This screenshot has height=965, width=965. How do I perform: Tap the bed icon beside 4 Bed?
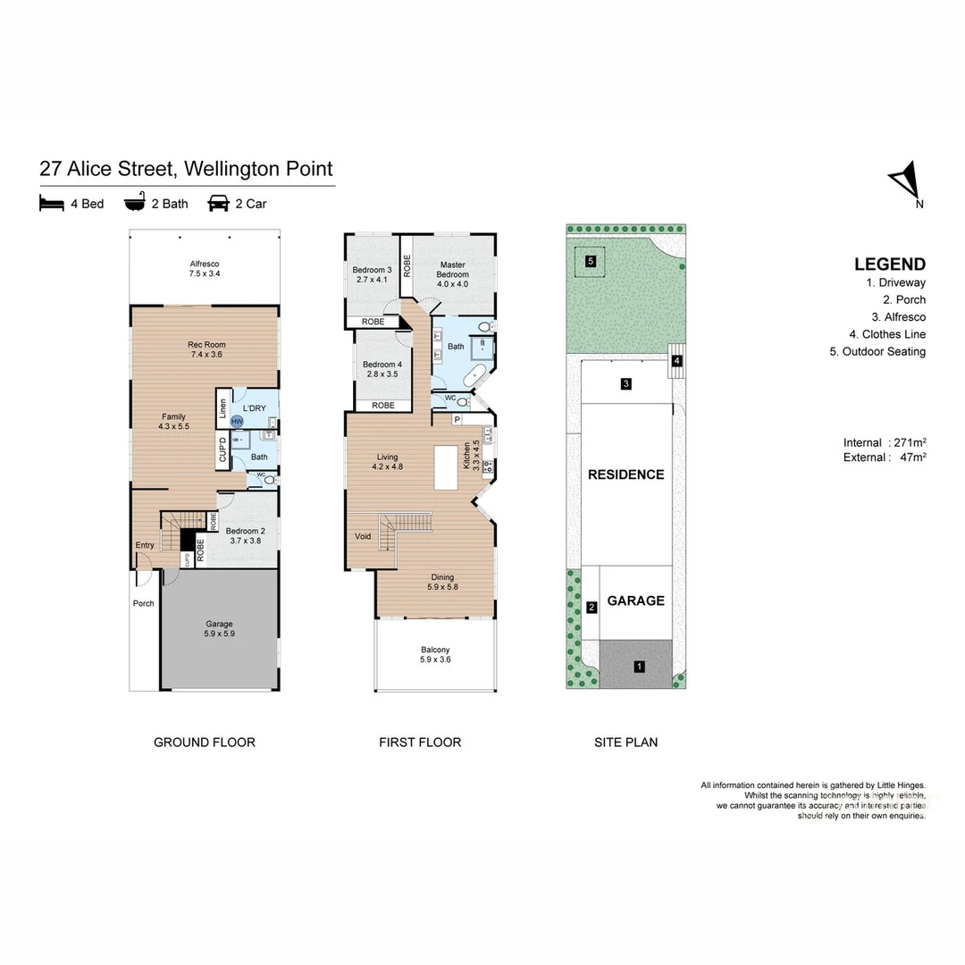tap(52, 204)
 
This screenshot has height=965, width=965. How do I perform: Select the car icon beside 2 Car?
tap(218, 204)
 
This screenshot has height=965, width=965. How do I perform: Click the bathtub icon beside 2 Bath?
tap(134, 204)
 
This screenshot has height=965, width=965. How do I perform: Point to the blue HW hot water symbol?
tap(237, 421)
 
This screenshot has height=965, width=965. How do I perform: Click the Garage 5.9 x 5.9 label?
tap(220, 629)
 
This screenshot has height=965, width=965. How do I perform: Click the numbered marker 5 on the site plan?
tap(591, 262)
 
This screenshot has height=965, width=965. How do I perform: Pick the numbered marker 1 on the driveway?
tap(639, 667)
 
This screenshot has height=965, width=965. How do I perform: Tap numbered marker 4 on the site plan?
tap(677, 361)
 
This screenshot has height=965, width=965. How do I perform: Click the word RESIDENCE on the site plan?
tap(625, 474)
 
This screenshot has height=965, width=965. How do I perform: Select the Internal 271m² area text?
tap(884, 442)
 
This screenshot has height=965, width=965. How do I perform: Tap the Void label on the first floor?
tap(363, 536)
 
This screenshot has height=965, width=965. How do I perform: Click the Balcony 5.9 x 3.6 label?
tap(435, 655)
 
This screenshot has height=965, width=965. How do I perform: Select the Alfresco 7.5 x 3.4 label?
tap(205, 269)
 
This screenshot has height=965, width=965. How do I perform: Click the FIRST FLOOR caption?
tap(420, 743)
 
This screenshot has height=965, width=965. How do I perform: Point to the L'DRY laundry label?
tap(255, 408)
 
